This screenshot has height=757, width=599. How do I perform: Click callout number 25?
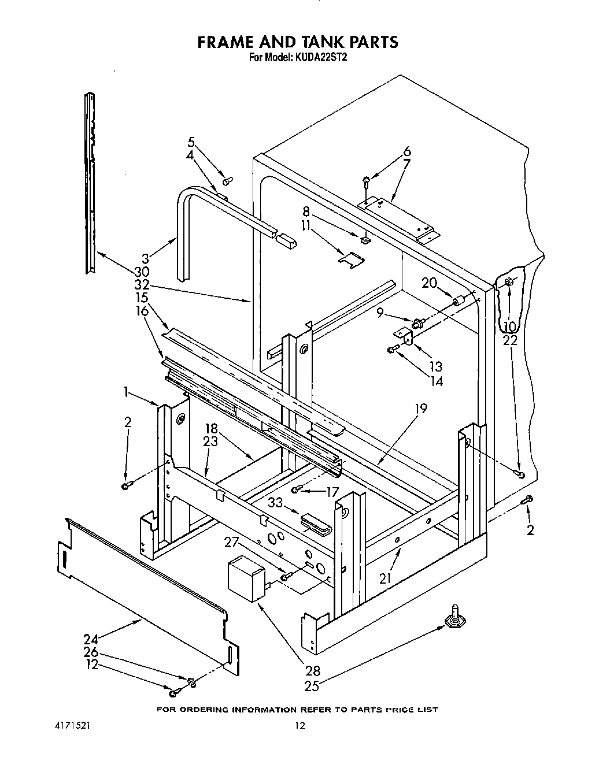coord(313,687)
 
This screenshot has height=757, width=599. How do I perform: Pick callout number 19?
coord(420,409)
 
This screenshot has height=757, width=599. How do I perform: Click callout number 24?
coord(91,640)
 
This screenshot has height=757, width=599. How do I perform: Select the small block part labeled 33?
coord(315,522)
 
